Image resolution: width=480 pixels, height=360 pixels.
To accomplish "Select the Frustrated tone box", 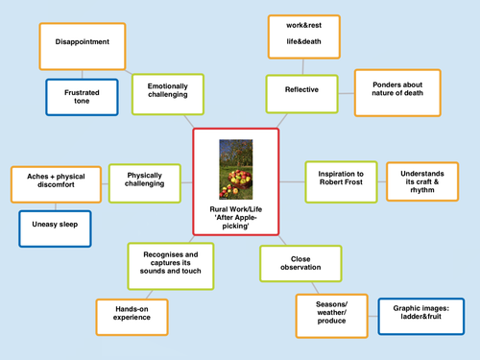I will [x=82, y=96].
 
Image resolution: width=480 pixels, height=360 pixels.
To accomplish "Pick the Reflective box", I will [x=301, y=90].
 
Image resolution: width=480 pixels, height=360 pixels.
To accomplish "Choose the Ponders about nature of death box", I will [x=397, y=91].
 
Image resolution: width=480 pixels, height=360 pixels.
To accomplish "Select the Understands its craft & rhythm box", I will [x=422, y=180].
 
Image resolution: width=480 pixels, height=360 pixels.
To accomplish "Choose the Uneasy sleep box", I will [x=55, y=228].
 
